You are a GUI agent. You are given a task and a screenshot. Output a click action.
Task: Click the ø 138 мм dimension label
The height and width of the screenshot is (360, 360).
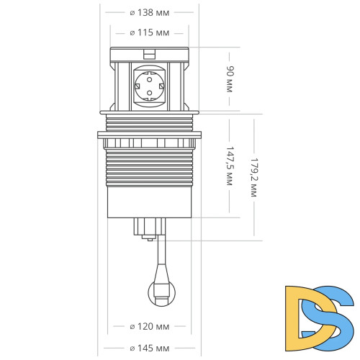149,12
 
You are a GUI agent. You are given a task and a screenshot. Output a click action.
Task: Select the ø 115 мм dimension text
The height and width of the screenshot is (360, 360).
149,32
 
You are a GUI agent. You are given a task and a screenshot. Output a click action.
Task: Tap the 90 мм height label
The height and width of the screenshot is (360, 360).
230,80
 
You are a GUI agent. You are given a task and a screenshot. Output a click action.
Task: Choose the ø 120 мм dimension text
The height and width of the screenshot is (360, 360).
149,326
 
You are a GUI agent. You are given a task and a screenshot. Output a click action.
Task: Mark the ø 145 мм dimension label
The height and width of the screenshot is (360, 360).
149,348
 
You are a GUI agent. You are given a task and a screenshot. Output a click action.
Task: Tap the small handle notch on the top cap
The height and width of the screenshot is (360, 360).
149,53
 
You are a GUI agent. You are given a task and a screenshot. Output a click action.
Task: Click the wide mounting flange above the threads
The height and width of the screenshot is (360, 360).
149,134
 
